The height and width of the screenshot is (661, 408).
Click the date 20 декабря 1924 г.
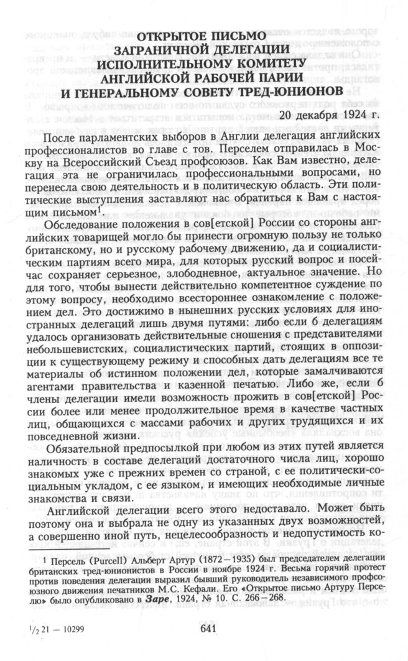324,116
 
